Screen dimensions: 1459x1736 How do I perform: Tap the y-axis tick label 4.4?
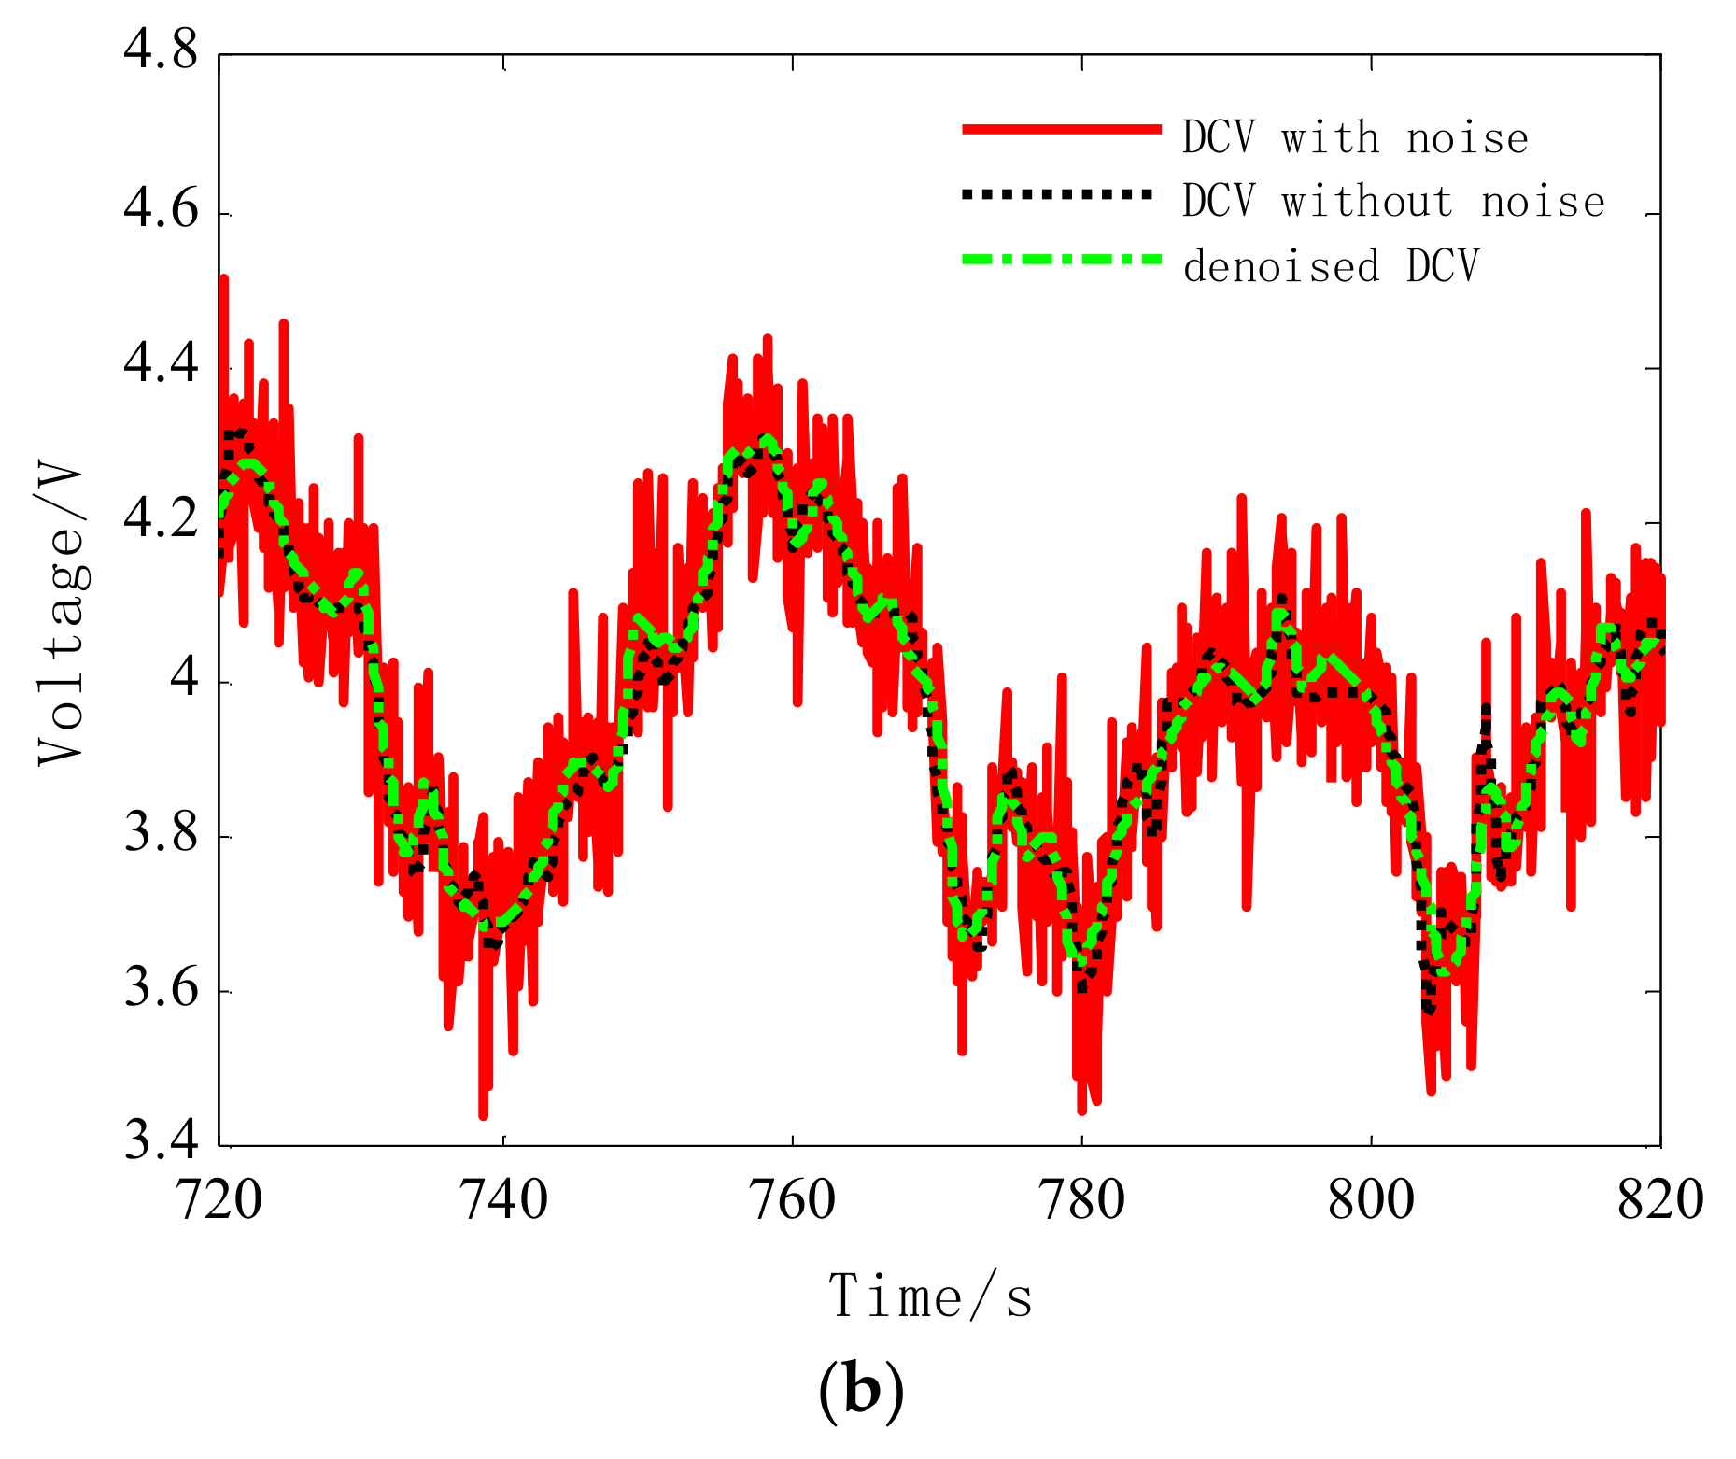coord(161,365)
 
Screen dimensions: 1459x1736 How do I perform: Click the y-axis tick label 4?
coord(184,678)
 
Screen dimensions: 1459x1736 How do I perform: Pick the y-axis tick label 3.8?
coord(161,834)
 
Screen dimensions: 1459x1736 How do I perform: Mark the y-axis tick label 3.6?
coord(161,989)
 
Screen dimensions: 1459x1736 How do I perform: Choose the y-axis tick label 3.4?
coord(161,1142)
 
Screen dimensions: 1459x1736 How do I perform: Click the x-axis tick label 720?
coord(219,1200)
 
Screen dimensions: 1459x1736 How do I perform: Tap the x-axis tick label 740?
coord(504,1200)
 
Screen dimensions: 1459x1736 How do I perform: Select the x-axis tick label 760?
coord(793,1200)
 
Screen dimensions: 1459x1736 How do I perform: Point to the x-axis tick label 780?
coord(1082,1200)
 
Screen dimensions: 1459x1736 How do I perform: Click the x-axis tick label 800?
coord(1371,1200)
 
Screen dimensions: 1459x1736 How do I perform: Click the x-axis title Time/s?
coord(930,1297)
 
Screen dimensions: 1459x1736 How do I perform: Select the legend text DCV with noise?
coord(1355,138)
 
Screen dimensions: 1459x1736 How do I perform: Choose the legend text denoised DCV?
coord(1331,266)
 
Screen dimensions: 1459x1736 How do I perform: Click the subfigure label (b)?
coord(860,1392)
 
